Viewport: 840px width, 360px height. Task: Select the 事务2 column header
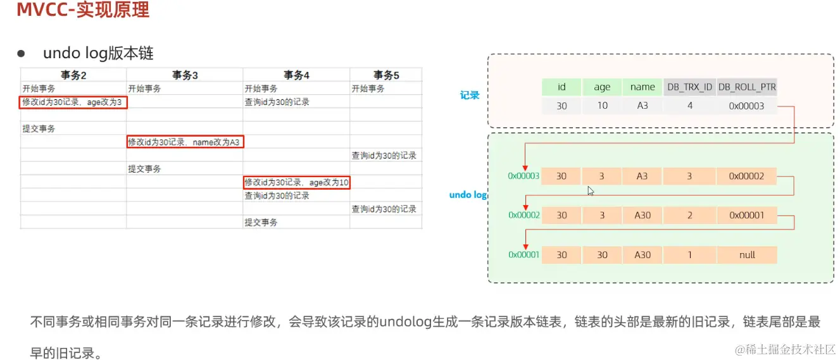click(x=73, y=75)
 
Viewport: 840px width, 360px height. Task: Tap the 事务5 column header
click(x=386, y=75)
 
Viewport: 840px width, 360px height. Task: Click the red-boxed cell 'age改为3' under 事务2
click(x=73, y=102)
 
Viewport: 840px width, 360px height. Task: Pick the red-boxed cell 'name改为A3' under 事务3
click(x=185, y=142)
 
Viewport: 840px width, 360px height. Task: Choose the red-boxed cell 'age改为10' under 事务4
click(x=297, y=183)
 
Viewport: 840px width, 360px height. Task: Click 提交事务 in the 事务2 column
click(x=39, y=129)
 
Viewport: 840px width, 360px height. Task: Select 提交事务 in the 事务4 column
click(x=261, y=223)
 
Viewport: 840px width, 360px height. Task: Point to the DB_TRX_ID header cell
click(x=689, y=87)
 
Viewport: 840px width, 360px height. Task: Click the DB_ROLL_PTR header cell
click(x=747, y=87)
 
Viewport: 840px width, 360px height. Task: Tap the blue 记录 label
click(x=470, y=96)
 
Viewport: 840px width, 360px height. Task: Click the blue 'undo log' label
click(x=468, y=195)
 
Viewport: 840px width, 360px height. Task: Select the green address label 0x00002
click(x=523, y=215)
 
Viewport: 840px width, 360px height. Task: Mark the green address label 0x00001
click(x=523, y=254)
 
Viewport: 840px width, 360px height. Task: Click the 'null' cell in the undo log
click(x=747, y=254)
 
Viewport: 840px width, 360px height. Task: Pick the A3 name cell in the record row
click(x=642, y=106)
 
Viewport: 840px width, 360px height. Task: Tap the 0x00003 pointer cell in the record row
click(x=747, y=106)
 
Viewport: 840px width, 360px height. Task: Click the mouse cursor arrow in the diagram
click(x=591, y=190)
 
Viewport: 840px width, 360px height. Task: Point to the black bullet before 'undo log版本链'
click(x=20, y=53)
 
